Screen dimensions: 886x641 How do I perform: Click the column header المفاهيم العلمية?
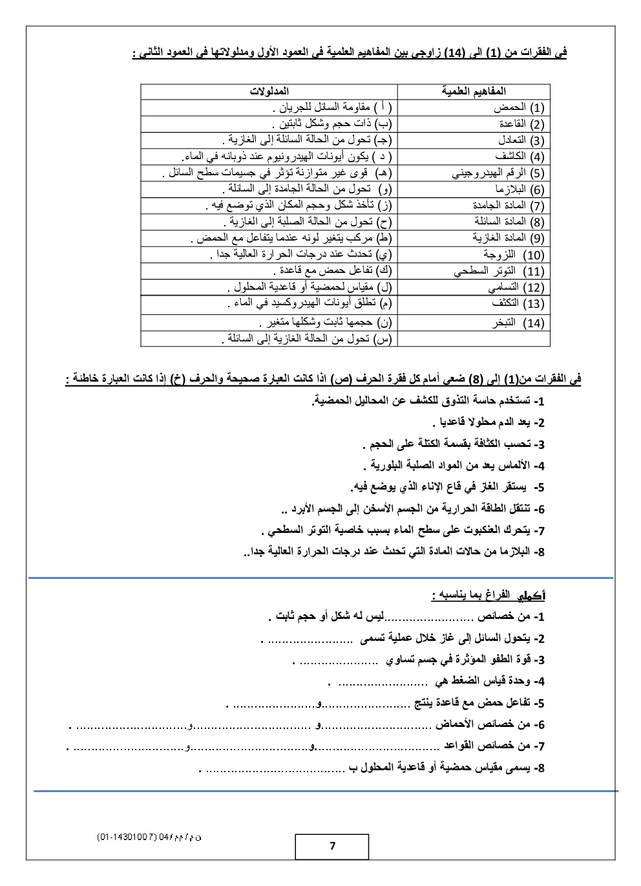click(x=474, y=92)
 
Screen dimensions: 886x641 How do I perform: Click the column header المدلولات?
click(x=269, y=92)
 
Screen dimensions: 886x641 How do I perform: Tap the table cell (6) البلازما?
click(x=519, y=189)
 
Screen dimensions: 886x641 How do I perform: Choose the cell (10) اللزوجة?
click(x=515, y=255)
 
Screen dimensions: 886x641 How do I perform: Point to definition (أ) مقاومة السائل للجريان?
click(x=343, y=107)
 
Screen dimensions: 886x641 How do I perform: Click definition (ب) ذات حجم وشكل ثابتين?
click(x=331, y=124)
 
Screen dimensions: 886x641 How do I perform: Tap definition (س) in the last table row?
click(x=306, y=339)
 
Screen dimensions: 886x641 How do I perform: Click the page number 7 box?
click(x=332, y=846)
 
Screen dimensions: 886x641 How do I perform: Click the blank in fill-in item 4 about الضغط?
click(x=383, y=682)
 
